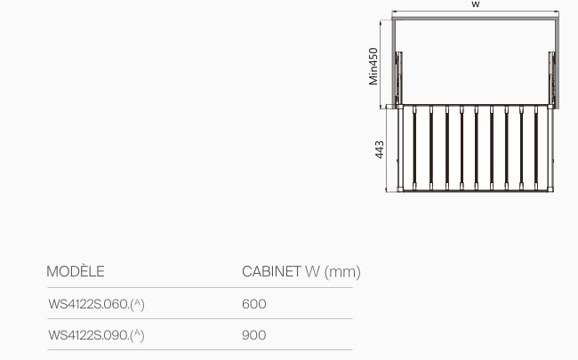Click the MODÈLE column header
pos(76,271)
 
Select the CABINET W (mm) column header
pos(301,272)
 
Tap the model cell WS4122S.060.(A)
pos(96,304)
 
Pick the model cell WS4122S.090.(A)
pos(96,335)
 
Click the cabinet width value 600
pos(254,304)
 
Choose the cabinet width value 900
pos(254,335)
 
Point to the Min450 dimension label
pos(373,67)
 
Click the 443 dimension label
pos(380,149)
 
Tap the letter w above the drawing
pos(476,4)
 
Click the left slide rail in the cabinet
pos(398,78)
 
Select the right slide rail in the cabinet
pos(551,78)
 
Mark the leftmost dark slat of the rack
pos(414,148)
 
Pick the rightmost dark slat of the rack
pos(536,148)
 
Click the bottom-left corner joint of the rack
pos(400,189)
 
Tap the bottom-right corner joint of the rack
pos(550,189)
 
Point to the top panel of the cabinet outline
pos(475,18)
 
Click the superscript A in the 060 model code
pos(138,302)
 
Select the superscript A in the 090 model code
pos(138,333)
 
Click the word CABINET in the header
pos(272,272)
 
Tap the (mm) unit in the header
pos(342,272)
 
